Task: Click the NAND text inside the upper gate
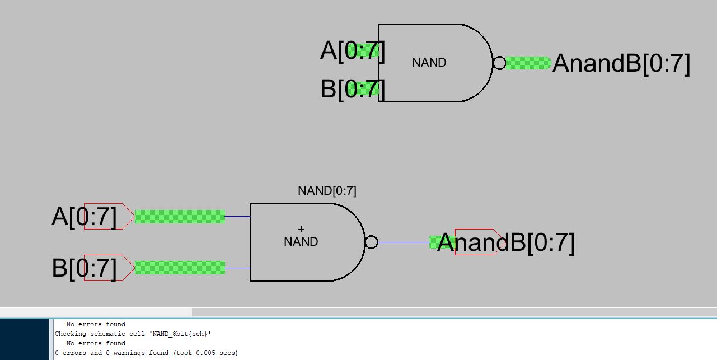(x=429, y=63)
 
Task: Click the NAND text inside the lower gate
(x=301, y=242)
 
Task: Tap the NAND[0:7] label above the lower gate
(x=327, y=191)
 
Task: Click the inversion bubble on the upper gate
(x=499, y=63)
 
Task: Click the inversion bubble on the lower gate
(x=371, y=242)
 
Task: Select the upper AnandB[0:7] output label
(x=621, y=63)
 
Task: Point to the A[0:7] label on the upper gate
(x=352, y=50)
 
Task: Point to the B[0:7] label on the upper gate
(x=352, y=88)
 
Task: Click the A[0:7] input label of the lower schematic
(x=84, y=217)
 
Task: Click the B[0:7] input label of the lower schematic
(x=84, y=268)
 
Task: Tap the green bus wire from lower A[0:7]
(x=180, y=217)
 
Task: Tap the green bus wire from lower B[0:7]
(x=180, y=268)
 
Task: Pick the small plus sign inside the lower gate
(x=301, y=229)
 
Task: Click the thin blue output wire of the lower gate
(x=403, y=242)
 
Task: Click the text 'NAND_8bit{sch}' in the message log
(x=179, y=334)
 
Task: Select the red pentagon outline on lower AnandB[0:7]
(x=476, y=230)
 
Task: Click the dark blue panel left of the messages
(x=24, y=339)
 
